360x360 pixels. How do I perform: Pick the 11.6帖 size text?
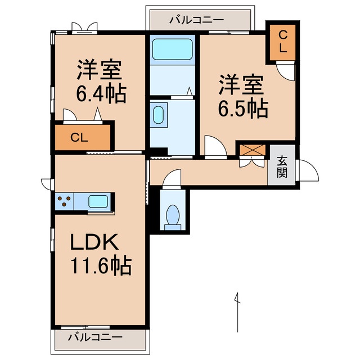point(101,264)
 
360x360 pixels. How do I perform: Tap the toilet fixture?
point(173,217)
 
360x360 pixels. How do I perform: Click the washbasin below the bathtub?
point(159,115)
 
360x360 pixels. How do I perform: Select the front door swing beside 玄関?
point(307,169)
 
